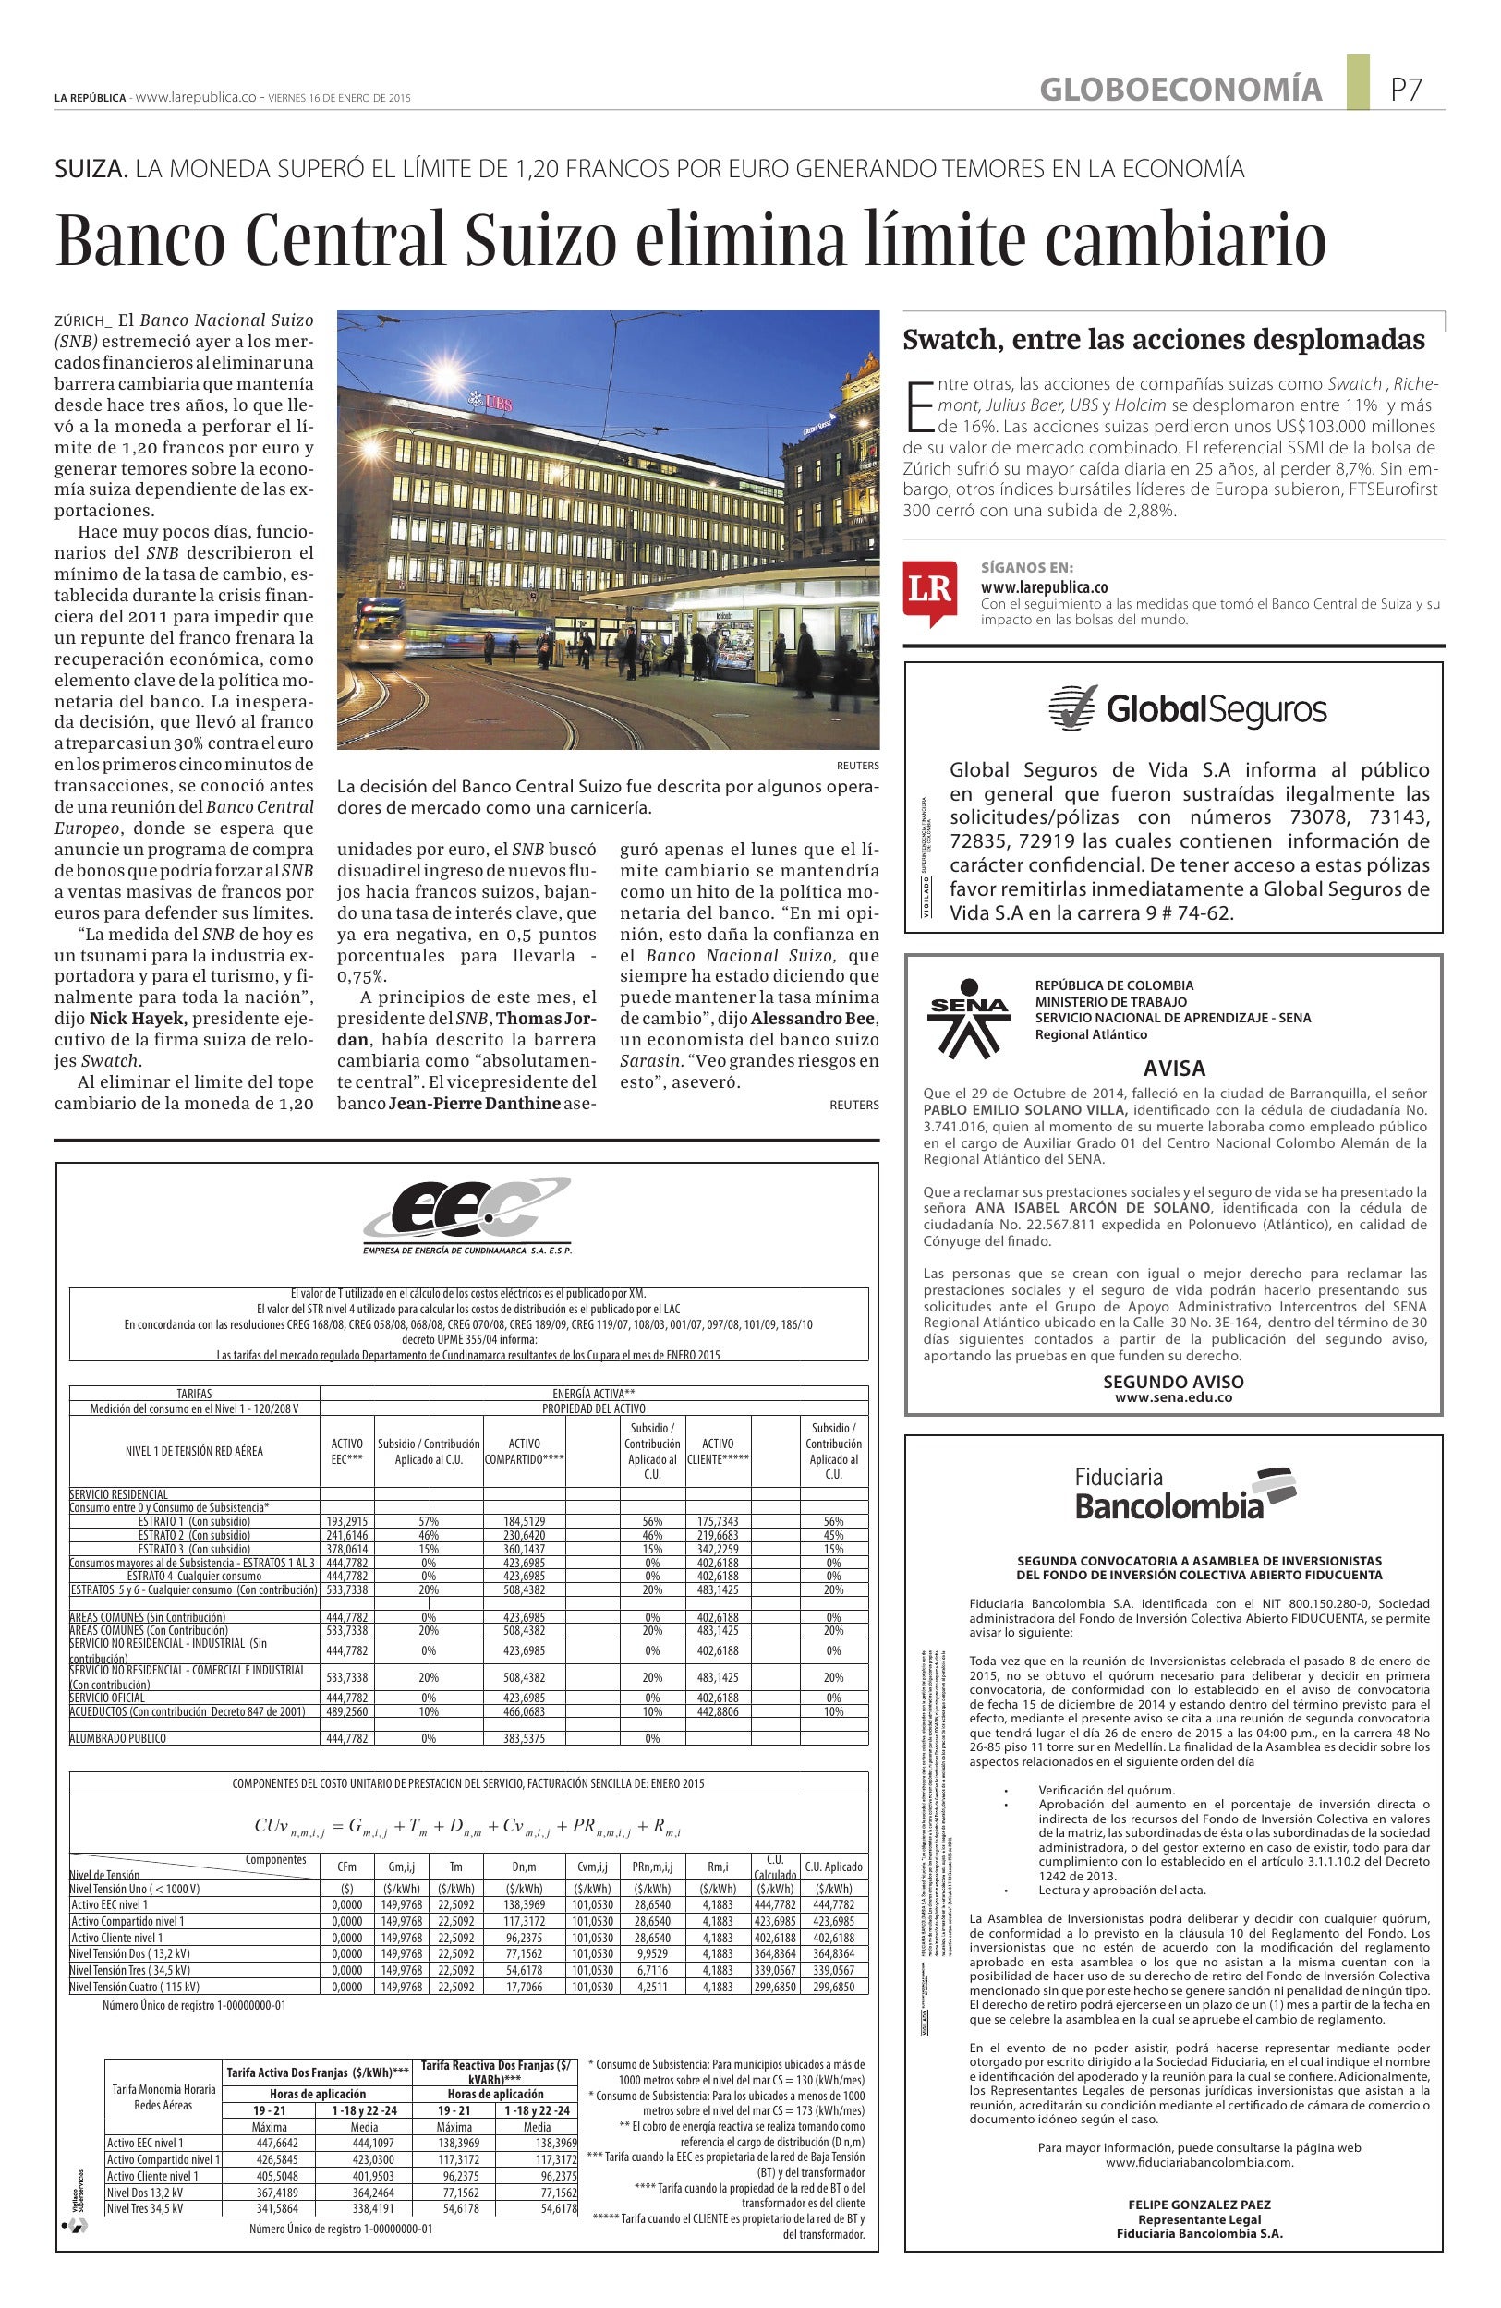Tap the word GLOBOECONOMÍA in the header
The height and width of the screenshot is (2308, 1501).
[x=1180, y=91]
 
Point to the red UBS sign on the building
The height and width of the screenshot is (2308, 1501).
[x=491, y=400]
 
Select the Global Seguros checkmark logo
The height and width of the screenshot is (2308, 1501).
[x=1073, y=707]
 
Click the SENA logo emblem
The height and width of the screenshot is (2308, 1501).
[x=971, y=1021]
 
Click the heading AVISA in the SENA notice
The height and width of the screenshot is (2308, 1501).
[x=1174, y=1068]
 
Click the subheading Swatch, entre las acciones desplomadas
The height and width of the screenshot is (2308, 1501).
[x=1164, y=341]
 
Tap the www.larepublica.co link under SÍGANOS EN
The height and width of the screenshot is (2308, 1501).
[x=1045, y=586]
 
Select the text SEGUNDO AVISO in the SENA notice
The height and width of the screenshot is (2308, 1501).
[x=1173, y=1382]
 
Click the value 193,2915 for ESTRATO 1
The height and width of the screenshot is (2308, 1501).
[x=347, y=1521]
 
